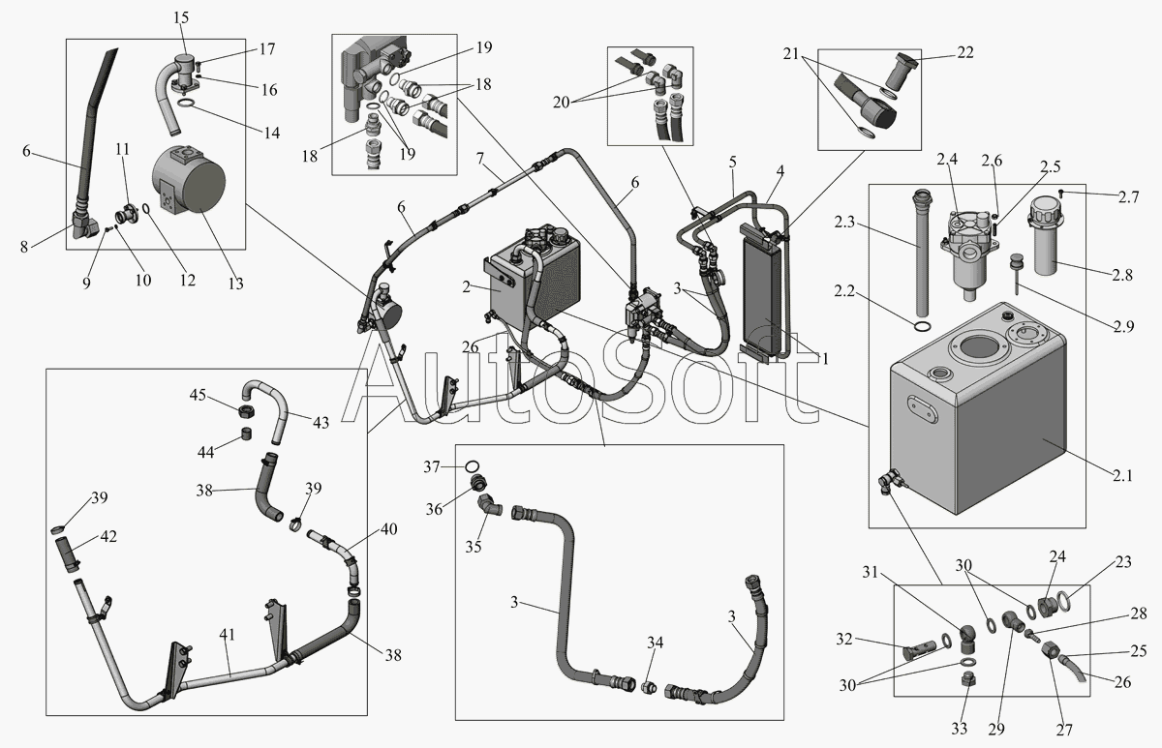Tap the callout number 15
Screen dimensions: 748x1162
coord(181,17)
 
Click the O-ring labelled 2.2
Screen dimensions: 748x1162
coord(923,327)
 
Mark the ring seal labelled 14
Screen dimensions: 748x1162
coord(190,104)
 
